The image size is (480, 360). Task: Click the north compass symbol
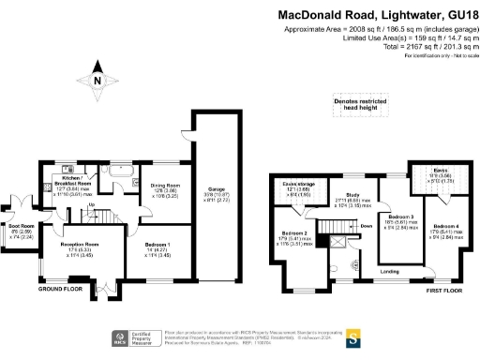click(x=97, y=81)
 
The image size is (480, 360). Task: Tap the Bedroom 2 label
click(x=294, y=235)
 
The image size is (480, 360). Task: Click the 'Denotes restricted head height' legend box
click(x=352, y=109)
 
